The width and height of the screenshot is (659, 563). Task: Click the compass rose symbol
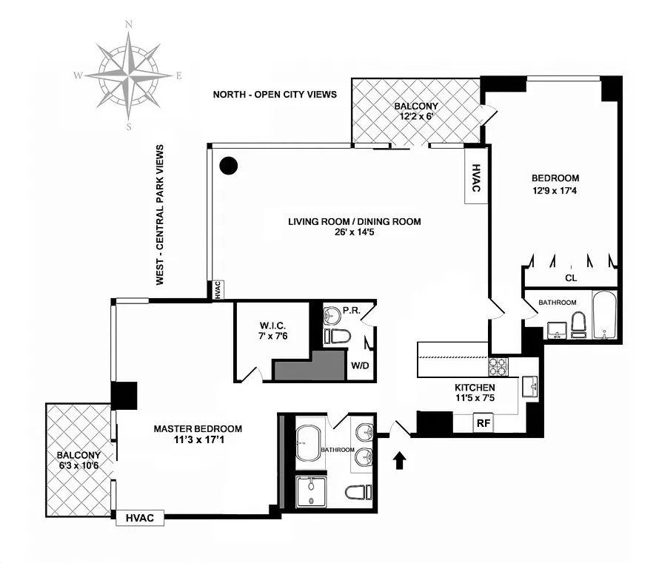129,74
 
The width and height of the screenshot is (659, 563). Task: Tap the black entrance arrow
400,460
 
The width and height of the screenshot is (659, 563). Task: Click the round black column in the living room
230,166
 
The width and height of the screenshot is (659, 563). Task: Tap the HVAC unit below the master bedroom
140,518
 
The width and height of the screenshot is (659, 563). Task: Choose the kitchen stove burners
497,365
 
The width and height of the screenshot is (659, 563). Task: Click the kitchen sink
529,385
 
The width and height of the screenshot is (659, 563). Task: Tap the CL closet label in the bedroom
570,278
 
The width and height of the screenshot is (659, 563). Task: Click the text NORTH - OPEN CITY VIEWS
275,94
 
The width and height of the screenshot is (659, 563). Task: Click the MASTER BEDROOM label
198,428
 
